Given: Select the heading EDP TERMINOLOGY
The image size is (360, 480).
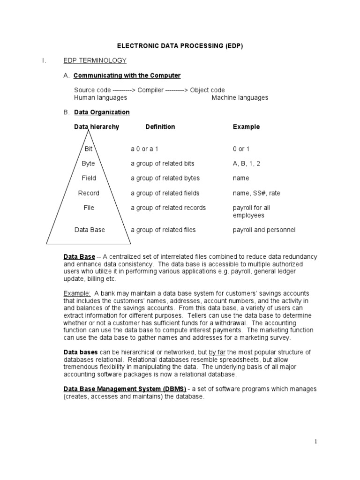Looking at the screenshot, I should [x=95, y=60].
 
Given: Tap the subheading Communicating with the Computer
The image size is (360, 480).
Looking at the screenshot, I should [x=127, y=75].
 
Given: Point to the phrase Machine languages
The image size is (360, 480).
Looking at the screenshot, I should [x=240, y=97].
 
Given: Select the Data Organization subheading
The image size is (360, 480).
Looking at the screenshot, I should [x=102, y=112].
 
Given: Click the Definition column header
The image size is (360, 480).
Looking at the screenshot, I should [x=160, y=127].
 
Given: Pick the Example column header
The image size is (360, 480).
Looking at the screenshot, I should [x=246, y=127].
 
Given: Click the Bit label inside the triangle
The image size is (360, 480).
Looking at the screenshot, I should [x=89, y=149].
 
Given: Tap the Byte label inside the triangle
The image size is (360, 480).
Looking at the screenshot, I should [x=88, y=164].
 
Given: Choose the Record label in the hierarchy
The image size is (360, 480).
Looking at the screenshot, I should [x=89, y=193].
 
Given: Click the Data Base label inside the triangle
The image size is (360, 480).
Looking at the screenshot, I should [x=90, y=230].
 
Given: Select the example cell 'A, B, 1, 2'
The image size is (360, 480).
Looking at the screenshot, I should [x=247, y=164].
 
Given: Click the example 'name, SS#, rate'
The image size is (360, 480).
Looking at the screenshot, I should [x=256, y=193].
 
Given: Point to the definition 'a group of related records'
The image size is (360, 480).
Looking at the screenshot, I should [x=168, y=208].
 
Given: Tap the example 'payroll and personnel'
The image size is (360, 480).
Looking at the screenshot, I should [x=264, y=230].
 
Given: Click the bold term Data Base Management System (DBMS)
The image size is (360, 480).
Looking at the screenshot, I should [x=125, y=389].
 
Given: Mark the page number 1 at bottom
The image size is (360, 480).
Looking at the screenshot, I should [x=316, y=441].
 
